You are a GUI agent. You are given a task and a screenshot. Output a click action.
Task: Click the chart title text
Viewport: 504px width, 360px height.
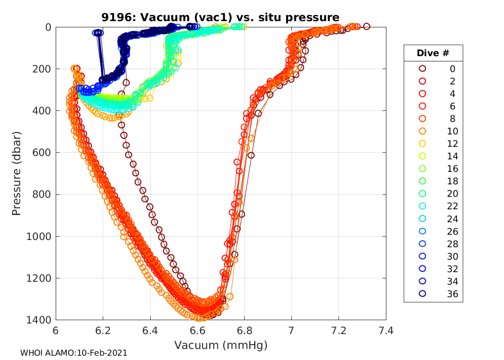(220, 17)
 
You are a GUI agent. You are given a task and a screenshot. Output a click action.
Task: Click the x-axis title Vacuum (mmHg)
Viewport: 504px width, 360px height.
(221, 345)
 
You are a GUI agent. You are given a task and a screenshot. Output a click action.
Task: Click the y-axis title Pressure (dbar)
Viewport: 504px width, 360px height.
(16, 173)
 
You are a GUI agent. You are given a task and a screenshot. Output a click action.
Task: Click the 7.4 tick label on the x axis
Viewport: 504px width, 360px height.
(386, 331)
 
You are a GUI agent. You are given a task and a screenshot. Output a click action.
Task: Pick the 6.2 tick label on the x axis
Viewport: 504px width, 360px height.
(103, 331)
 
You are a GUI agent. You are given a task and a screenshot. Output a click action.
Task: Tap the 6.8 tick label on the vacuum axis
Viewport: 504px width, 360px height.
(244, 331)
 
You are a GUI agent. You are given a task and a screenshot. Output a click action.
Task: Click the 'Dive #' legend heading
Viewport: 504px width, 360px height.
(433, 53)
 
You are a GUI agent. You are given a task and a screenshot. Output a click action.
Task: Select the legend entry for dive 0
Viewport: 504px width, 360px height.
(433, 69)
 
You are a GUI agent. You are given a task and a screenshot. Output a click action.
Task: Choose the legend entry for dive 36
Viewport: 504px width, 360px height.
(433, 294)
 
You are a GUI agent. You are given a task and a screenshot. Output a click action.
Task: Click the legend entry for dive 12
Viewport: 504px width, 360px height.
(433, 144)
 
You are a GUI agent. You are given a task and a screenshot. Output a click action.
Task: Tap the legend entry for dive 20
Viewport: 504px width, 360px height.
(433, 193)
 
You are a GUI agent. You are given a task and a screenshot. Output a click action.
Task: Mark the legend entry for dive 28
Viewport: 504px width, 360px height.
(433, 244)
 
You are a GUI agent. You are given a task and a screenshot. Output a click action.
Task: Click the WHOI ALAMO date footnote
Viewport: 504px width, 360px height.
(73, 353)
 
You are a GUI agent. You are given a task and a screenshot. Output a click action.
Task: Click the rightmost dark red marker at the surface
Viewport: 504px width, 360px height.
(367, 26)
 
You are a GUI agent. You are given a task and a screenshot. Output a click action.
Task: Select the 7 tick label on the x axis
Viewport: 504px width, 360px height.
(291, 331)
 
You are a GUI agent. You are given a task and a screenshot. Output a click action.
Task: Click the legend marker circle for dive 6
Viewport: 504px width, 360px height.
(422, 106)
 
